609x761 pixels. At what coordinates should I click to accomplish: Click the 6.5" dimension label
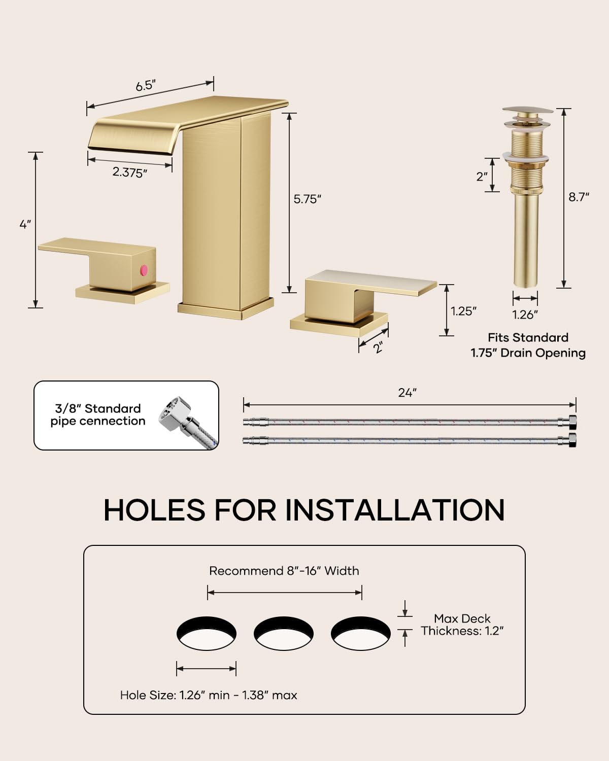point(146,85)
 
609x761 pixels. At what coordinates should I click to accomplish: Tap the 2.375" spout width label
point(129,172)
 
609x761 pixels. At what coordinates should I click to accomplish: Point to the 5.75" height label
point(307,199)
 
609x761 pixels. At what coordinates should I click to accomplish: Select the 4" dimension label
point(25,224)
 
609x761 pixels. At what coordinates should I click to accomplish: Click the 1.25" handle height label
point(463,311)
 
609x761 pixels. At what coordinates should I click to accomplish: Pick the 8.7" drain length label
point(579,197)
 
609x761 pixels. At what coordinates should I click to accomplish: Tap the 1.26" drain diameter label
point(525,315)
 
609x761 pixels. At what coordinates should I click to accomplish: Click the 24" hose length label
point(408,393)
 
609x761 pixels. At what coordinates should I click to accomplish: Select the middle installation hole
point(284,633)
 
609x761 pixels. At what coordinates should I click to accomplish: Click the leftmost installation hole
point(207,633)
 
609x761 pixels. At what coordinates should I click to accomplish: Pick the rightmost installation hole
point(361,633)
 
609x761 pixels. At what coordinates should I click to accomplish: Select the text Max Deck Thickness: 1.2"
point(462,625)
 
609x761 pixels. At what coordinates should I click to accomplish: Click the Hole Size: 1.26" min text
point(175,695)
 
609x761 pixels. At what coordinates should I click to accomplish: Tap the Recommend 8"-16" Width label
point(284,571)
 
